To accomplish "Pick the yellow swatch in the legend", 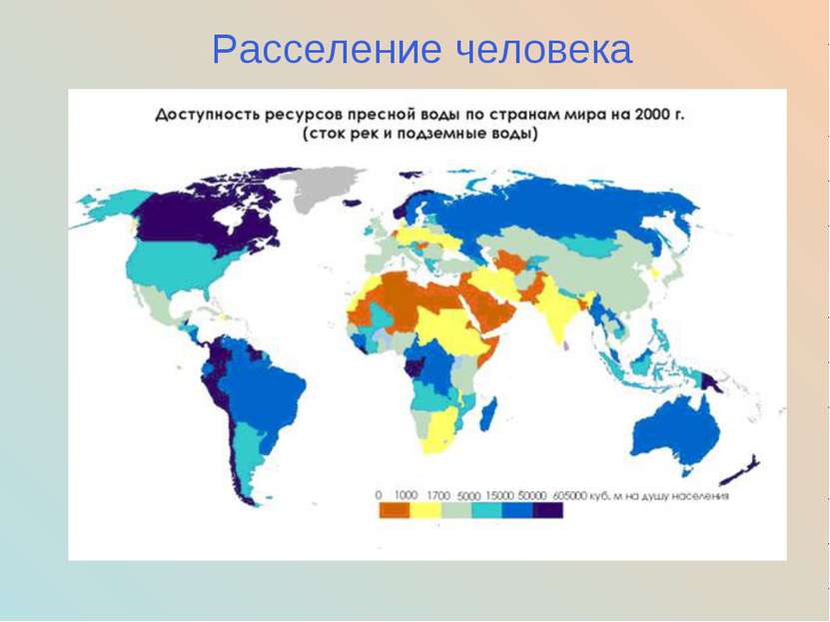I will click(x=424, y=510).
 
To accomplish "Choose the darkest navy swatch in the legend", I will click(x=547, y=510).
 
